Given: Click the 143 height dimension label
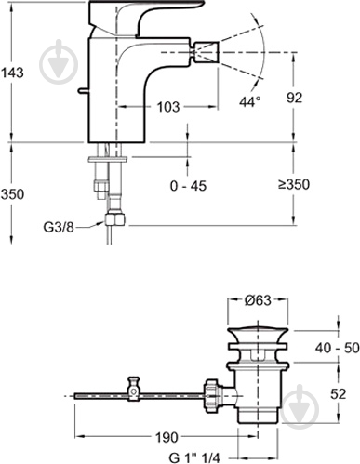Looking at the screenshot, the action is point(12,73).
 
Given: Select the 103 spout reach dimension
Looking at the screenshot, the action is point(168,107).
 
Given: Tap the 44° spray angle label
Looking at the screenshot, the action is point(250,101).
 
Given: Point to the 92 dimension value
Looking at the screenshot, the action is point(294,98).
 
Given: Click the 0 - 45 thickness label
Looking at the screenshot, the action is point(188,186).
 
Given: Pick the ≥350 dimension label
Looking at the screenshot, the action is point(294,185).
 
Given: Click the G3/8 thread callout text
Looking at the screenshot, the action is point(59,228).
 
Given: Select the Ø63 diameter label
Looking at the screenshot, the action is point(258,300).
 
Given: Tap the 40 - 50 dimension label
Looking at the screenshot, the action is point(338,348).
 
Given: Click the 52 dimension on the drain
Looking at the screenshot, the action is point(338,394).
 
